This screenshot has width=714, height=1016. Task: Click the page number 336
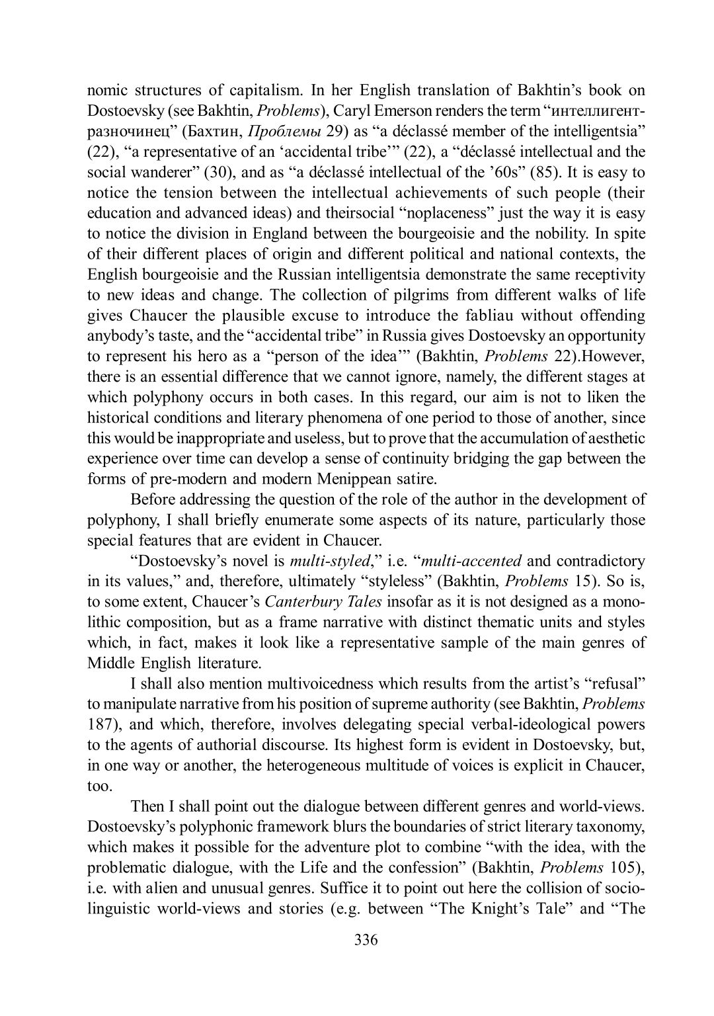coord(366,940)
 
